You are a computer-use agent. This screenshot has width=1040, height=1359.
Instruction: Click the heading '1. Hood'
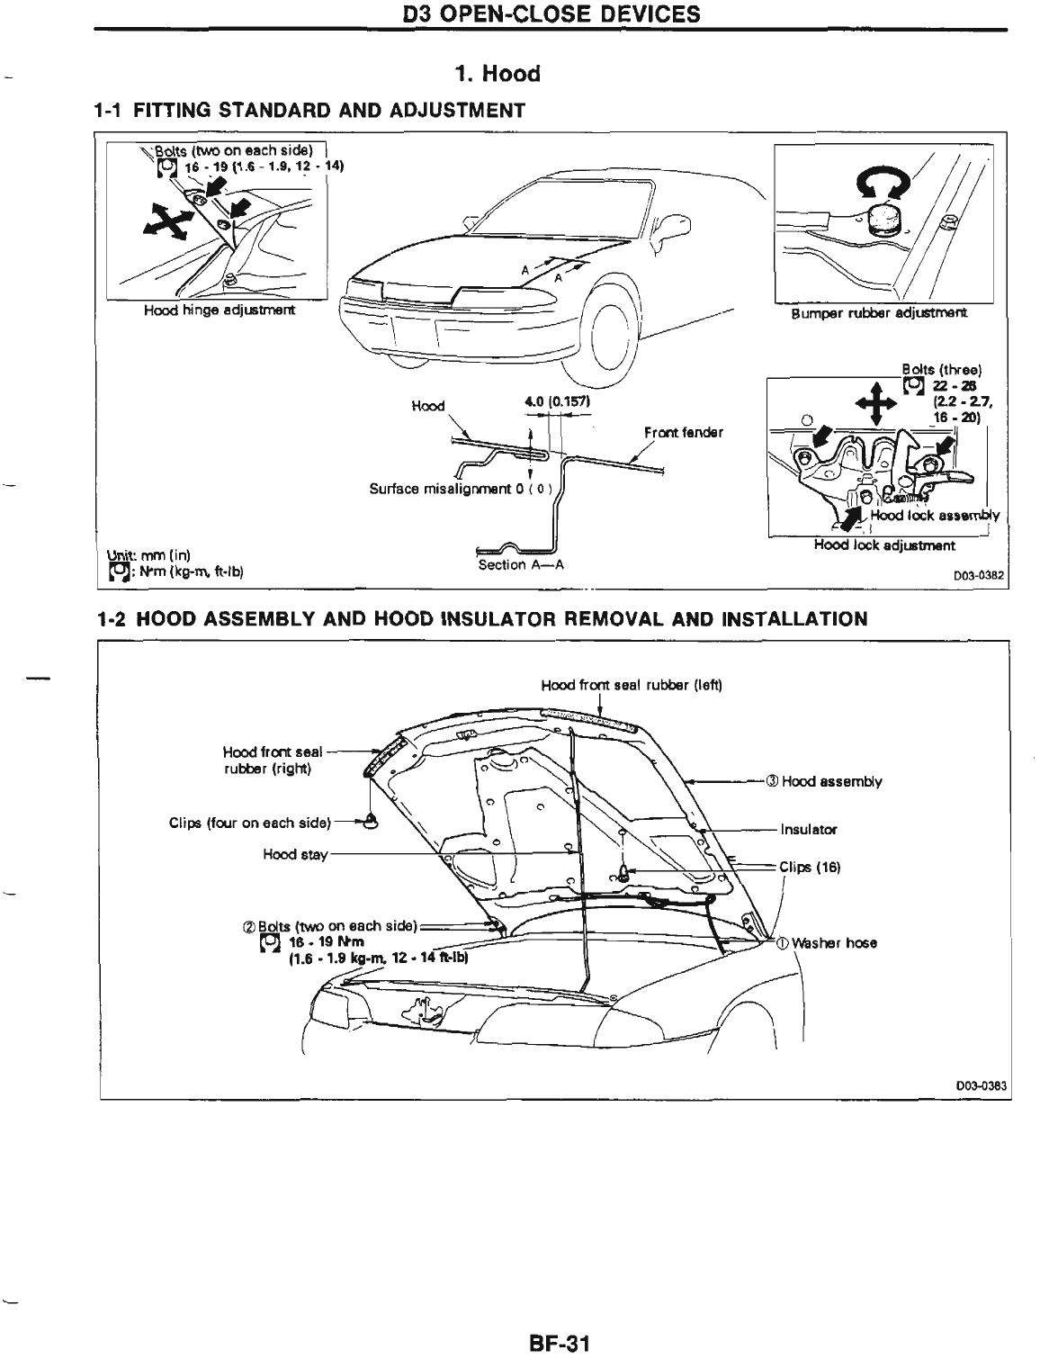click(x=497, y=74)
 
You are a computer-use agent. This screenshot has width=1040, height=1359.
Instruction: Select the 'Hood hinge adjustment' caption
click(x=219, y=311)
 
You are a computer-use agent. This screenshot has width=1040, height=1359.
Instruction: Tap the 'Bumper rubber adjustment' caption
click(x=879, y=314)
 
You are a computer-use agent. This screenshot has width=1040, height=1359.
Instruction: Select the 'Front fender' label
click(x=683, y=432)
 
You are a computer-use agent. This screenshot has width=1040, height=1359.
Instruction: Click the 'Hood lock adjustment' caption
click(x=884, y=544)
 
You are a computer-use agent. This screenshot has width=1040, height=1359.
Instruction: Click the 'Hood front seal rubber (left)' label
click(x=632, y=685)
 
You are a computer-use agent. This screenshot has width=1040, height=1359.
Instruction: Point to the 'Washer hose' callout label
click(x=833, y=943)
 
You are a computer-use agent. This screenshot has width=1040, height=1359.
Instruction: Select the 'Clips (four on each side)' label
click(x=250, y=822)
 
